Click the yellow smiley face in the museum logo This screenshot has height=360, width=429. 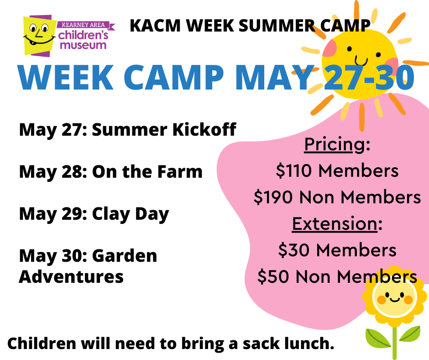pyautogui.click(x=38, y=35)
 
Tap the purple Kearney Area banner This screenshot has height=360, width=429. pyautogui.click(x=85, y=25)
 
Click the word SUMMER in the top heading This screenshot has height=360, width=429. pyautogui.click(x=277, y=26)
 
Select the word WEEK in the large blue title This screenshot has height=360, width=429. pyautogui.click(x=66, y=77)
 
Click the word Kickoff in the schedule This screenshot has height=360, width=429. pyautogui.click(x=204, y=129)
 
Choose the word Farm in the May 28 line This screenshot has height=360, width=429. pyautogui.click(x=180, y=172)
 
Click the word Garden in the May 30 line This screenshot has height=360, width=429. pyautogui.click(x=125, y=256)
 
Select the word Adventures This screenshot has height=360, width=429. pyautogui.click(x=71, y=276)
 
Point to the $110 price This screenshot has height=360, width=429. pyautogui.click(x=293, y=170)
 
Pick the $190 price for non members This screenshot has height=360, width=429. pyautogui.click(x=273, y=197)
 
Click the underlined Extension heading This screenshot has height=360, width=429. pyautogui.click(x=335, y=223)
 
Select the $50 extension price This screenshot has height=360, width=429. pyautogui.click(x=273, y=276)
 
